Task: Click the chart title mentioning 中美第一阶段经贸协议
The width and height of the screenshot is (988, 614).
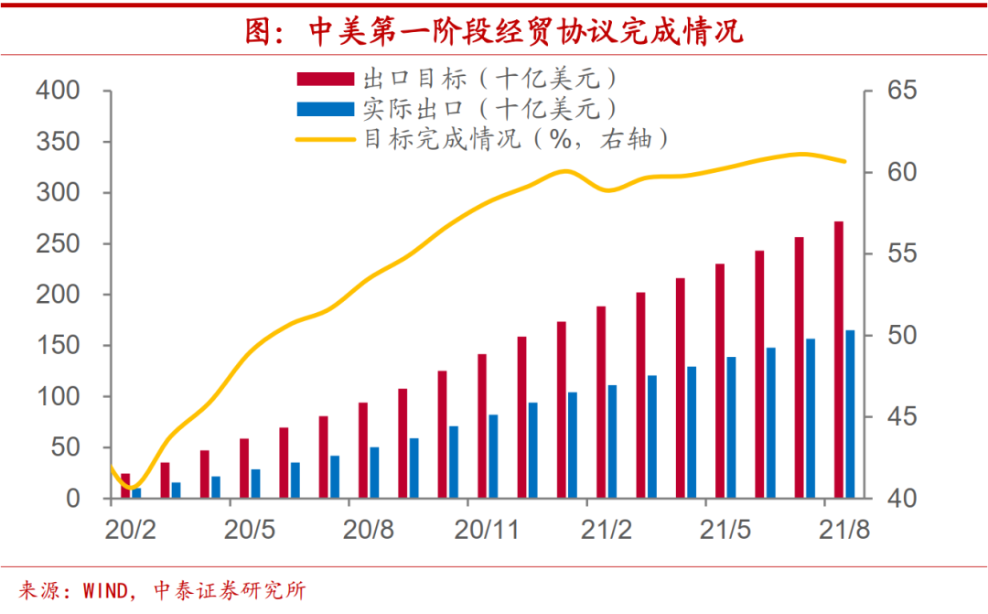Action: [494, 32]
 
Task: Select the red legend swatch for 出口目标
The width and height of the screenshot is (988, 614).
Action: [325, 78]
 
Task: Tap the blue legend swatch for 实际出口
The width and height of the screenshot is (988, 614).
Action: [325, 109]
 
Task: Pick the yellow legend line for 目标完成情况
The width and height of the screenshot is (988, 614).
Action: [325, 140]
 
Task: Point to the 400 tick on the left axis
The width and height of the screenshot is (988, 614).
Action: [58, 92]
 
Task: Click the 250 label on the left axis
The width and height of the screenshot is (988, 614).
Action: [58, 244]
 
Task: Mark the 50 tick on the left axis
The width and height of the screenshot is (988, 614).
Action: [66, 447]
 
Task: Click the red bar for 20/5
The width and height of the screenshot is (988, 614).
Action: [244, 469]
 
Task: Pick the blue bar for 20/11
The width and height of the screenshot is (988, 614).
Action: [493, 457]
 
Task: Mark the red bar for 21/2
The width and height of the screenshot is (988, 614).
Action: [601, 402]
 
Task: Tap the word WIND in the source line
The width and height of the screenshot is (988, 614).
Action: [103, 591]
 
